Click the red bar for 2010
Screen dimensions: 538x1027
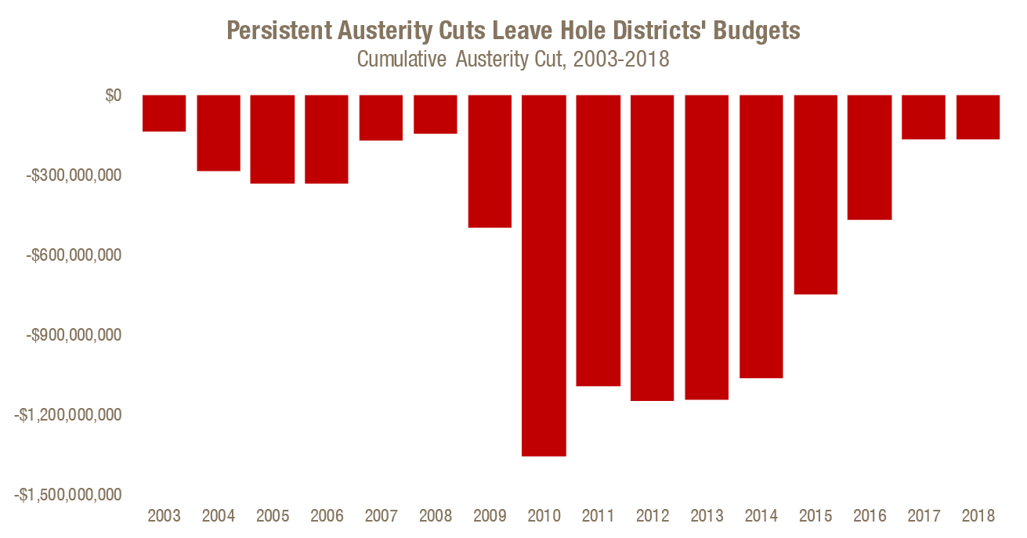point(544,275)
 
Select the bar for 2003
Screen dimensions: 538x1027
point(164,113)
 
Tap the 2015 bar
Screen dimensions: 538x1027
point(815,194)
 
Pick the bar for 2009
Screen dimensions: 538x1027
point(490,161)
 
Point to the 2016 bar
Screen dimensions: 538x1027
point(870,157)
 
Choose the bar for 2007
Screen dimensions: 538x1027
point(381,117)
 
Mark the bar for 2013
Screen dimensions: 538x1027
point(707,247)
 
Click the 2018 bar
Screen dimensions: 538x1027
point(978,117)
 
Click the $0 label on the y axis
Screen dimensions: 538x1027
point(114,96)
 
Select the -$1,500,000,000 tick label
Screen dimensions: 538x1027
point(68,495)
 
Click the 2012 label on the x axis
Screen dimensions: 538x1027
point(653,516)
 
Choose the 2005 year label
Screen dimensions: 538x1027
point(273,516)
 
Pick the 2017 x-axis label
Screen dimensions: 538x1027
point(924,516)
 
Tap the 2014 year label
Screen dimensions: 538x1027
point(761,516)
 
